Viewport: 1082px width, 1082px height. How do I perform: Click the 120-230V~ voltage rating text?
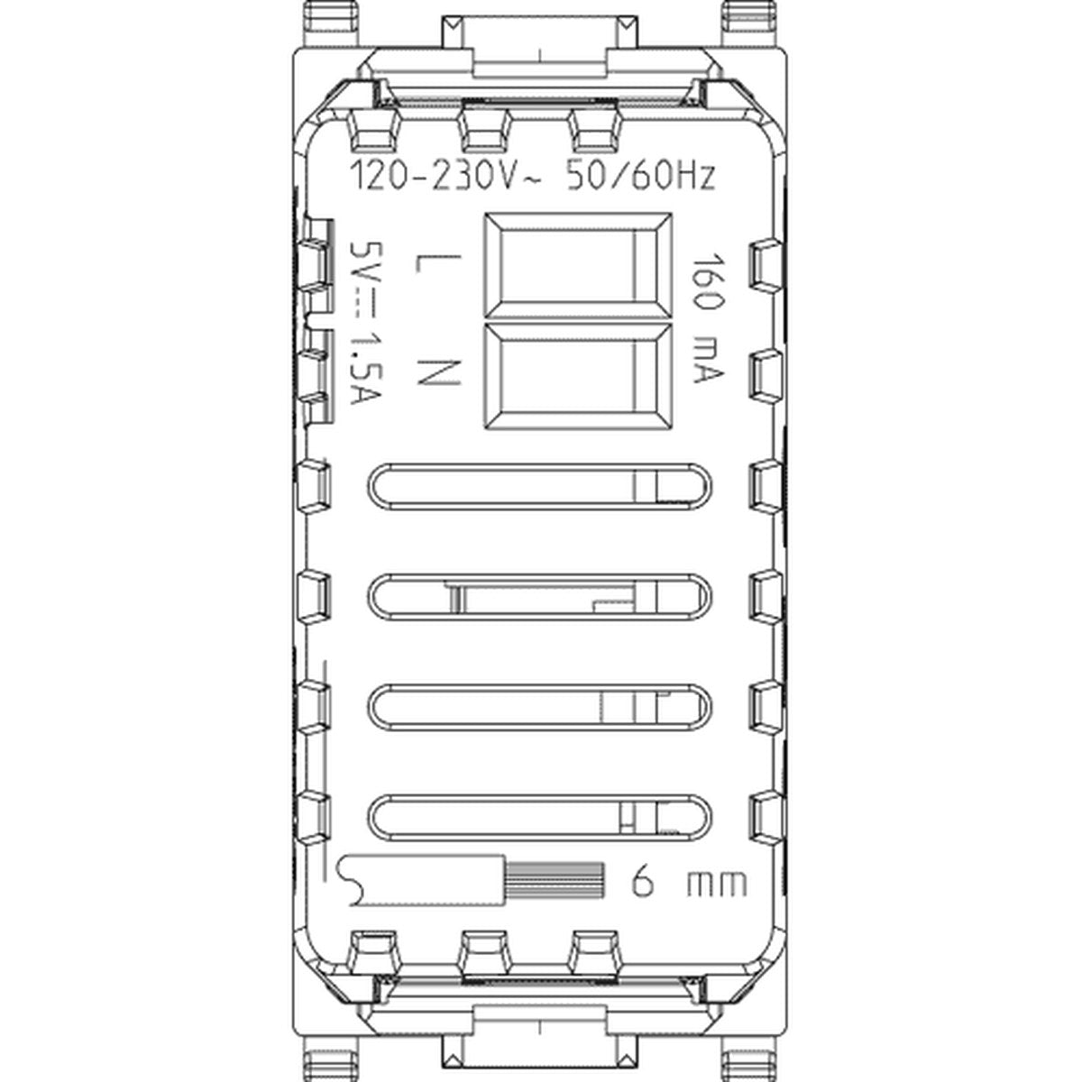coord(445,177)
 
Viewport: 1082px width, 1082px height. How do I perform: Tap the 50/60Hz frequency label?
coord(642,177)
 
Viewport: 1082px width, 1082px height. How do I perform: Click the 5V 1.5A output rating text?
coord(365,323)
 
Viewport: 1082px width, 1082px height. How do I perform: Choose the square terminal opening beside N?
coord(578,376)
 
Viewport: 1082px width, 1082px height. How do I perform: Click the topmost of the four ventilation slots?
coord(540,487)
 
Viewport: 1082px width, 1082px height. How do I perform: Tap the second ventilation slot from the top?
coord(540,597)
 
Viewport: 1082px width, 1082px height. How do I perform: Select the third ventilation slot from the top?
coord(540,708)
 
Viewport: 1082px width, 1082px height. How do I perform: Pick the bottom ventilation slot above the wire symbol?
coord(540,818)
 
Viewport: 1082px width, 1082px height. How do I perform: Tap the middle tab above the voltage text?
coord(485,130)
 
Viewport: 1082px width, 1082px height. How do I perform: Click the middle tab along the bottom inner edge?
coord(485,951)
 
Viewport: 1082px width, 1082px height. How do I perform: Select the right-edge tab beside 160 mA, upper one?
coord(766,264)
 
